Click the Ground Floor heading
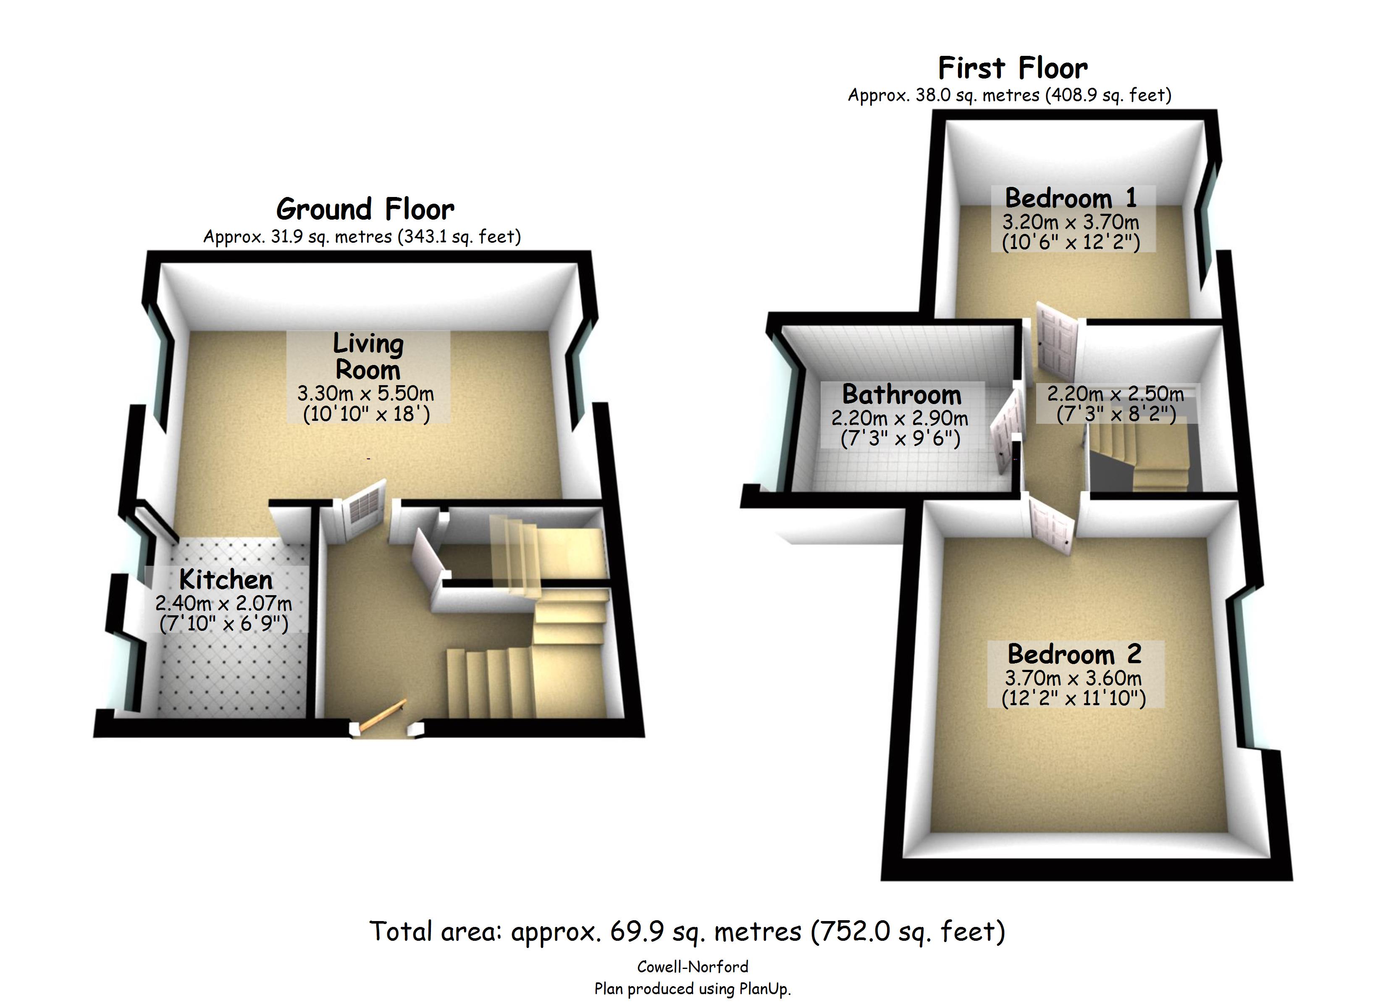click(x=365, y=209)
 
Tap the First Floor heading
click(x=1013, y=68)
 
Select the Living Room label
click(x=368, y=357)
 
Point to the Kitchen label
click(x=226, y=579)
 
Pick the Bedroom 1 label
click(x=1071, y=198)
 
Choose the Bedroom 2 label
click(x=1074, y=654)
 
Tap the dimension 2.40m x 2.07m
click(x=224, y=604)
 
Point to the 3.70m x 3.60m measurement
click(x=1073, y=678)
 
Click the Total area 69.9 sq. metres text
click(x=687, y=932)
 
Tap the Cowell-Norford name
click(x=693, y=966)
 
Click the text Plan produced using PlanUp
click(x=693, y=988)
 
